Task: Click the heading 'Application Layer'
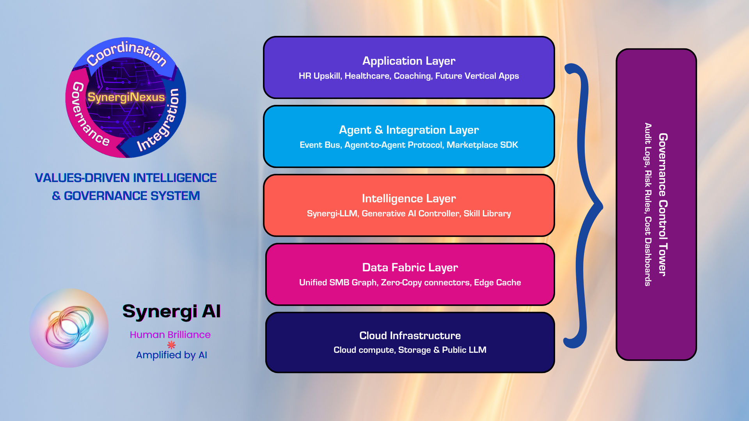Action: pos(408,61)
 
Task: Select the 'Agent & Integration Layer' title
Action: pos(408,130)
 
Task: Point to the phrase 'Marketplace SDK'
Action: pos(482,145)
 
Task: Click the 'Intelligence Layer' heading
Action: pos(408,198)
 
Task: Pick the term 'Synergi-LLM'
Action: pos(332,214)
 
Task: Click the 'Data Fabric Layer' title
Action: pos(410,267)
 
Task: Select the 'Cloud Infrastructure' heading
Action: pos(410,336)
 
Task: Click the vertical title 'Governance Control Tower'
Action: pos(663,205)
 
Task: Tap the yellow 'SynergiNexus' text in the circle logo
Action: pos(126,97)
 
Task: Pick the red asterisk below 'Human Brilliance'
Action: pos(171,345)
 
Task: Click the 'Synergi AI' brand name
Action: pos(171,311)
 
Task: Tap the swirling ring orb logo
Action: pos(69,328)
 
